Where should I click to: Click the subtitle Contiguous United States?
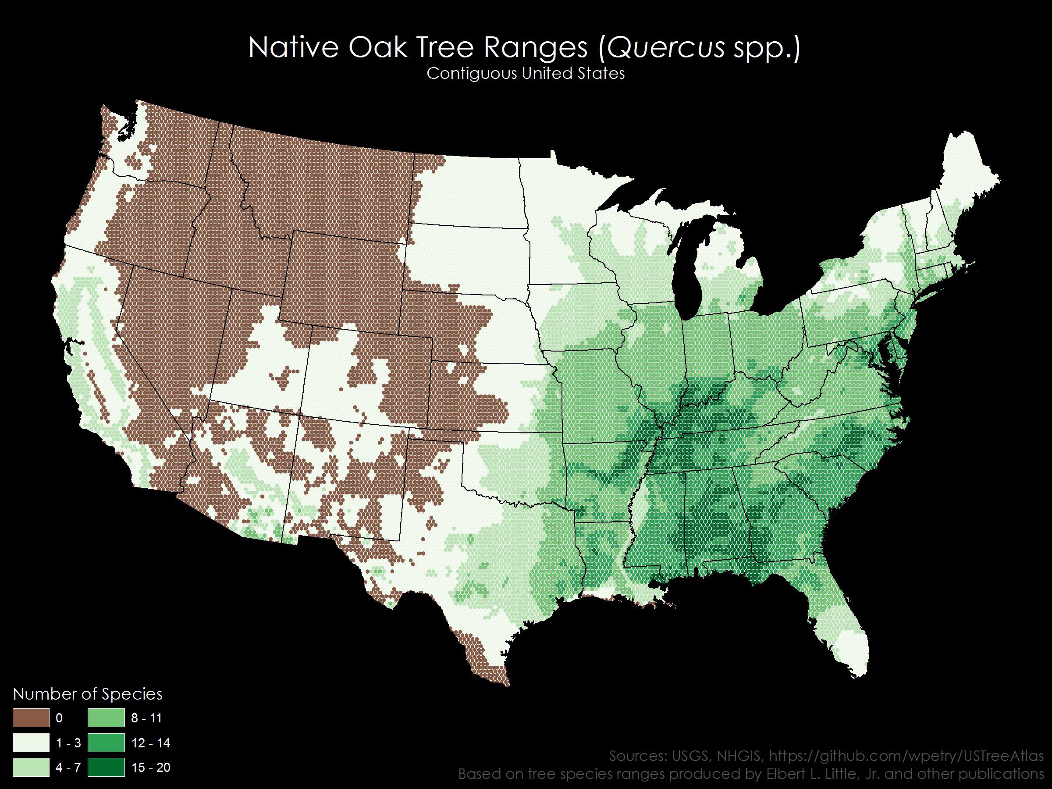tap(525, 74)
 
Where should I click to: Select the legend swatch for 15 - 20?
tap(106, 768)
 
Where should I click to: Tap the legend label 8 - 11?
tap(146, 718)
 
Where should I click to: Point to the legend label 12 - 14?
tap(150, 743)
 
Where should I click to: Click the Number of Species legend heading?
tap(88, 694)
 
